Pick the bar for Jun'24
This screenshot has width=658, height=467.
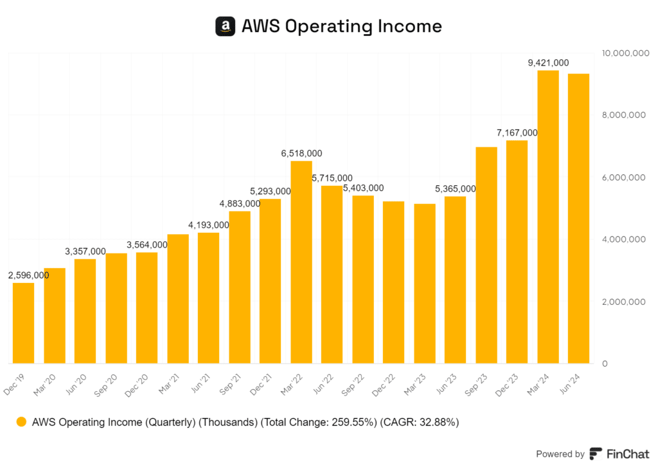[x=579, y=219]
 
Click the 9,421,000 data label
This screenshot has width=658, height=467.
[x=548, y=62]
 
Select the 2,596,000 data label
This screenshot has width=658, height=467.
[x=29, y=275]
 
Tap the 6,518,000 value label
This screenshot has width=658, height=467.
[x=301, y=153]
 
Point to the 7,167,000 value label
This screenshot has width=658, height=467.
[x=517, y=133]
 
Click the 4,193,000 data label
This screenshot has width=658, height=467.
[x=209, y=224]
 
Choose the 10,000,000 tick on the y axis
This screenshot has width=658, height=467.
[x=623, y=53]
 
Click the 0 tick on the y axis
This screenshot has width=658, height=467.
[x=605, y=364]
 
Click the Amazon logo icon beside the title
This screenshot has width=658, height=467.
[x=225, y=26]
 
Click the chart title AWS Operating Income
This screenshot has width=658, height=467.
[x=341, y=26]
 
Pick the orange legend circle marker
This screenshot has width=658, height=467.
[x=22, y=423]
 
